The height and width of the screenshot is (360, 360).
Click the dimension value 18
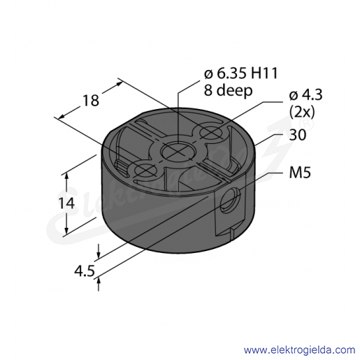click(91, 101)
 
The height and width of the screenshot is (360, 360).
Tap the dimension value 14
click(66, 203)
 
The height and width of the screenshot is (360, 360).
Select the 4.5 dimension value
click(85, 271)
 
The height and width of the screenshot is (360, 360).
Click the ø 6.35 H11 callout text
click(241, 73)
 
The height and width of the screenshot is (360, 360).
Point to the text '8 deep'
click(228, 90)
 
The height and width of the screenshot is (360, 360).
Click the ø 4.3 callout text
click(305, 95)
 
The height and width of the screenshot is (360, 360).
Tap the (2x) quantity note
click(302, 113)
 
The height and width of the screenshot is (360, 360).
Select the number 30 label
click(297, 135)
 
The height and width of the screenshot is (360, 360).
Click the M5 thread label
click(300, 173)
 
